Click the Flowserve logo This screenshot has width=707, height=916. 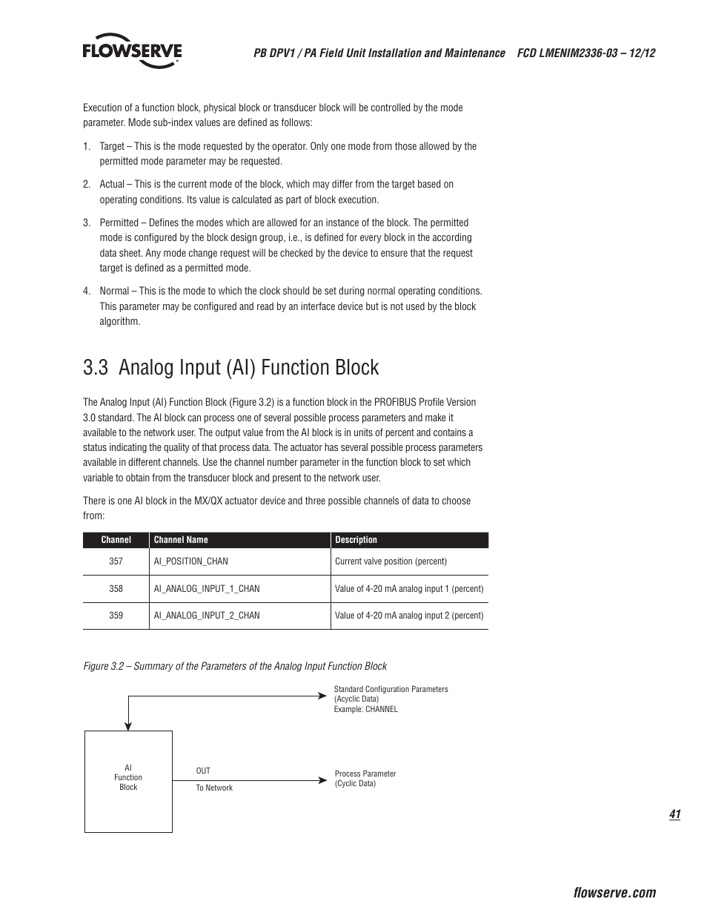pos(132,50)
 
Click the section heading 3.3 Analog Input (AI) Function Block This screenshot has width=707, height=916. pos(230,368)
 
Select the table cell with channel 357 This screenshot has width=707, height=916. pos(116,561)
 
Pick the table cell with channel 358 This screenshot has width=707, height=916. pos(116,589)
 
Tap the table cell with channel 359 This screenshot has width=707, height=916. pos(116,616)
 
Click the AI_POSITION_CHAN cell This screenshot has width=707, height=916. pos(190,561)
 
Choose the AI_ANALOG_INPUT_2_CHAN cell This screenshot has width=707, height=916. pos(206,616)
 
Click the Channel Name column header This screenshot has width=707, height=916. pos(181,540)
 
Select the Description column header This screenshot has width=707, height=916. pos(356,540)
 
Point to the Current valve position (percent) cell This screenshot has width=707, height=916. pos(391,561)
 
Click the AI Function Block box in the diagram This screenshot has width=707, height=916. pos(128,780)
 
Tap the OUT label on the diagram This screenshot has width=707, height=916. pos(203,771)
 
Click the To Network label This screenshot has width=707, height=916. pos(214,788)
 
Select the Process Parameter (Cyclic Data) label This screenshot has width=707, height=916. pos(365,778)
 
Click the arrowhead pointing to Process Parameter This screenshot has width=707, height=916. pos(322,780)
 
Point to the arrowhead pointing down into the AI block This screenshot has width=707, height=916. pos(128,726)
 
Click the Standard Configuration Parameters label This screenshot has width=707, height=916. pos(391,690)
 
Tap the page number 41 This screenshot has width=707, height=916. pos(674,814)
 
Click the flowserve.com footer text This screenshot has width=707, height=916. pos(614,893)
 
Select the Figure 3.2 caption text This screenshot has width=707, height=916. pos(235,666)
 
